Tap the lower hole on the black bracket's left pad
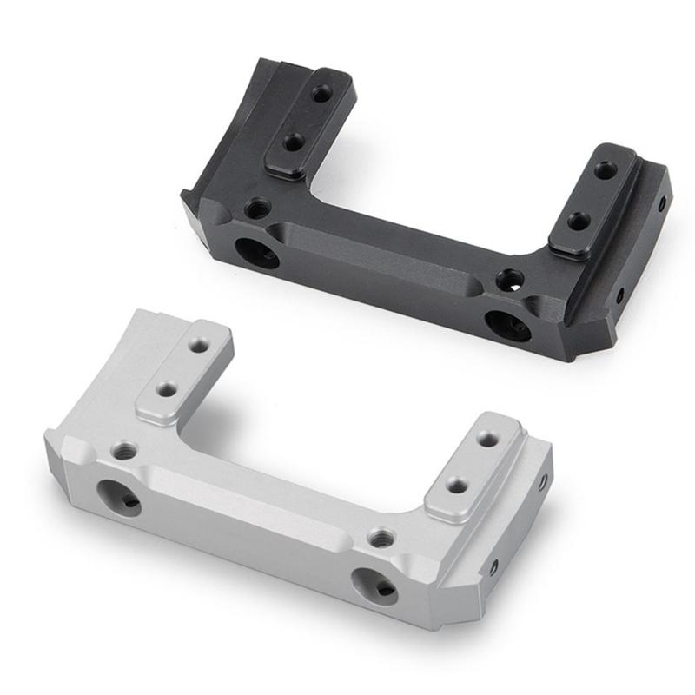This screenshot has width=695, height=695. [294, 142]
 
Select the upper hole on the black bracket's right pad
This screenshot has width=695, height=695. [605, 170]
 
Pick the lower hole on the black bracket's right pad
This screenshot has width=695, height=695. [579, 222]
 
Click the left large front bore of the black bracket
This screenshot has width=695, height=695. [257, 253]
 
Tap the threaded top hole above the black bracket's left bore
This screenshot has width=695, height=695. [257, 208]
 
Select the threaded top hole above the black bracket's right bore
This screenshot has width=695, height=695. [511, 280]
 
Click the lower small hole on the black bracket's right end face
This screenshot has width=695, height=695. [620, 295]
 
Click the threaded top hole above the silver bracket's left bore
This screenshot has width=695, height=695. [125, 451]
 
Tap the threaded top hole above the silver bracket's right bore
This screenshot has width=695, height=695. [380, 539]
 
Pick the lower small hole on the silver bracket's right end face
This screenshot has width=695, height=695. [493, 567]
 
